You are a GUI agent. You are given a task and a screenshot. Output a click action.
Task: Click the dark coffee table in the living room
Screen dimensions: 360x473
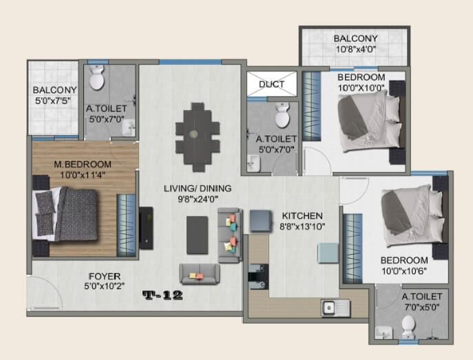tap(197, 234)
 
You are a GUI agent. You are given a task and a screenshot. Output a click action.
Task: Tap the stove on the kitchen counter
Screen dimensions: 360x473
tap(258, 274)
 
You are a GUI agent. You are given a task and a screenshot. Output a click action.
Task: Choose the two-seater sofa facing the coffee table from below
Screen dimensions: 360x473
tap(198, 274)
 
